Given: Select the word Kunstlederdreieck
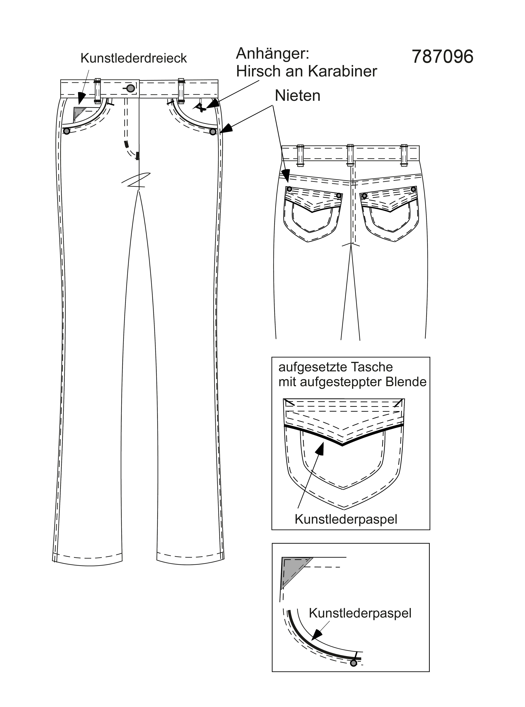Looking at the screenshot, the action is pyautogui.click(x=134, y=58).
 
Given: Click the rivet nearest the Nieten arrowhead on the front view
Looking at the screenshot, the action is pyautogui.click(x=213, y=131).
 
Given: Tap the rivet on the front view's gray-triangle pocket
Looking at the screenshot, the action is pyautogui.click(x=67, y=131).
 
